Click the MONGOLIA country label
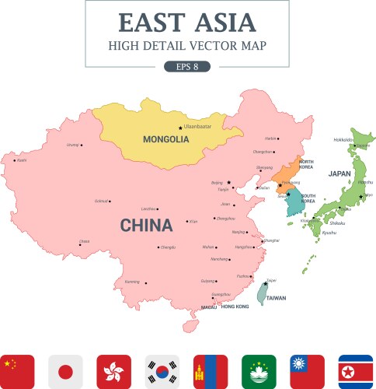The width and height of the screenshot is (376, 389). coord(165,140)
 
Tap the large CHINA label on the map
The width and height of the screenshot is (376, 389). coord(145,226)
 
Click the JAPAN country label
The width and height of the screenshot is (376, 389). coord(339,173)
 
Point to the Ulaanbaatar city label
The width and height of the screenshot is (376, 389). coord(197,126)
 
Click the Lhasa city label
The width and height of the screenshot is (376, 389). coord(84,241)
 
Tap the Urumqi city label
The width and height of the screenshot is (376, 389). coord(73,145)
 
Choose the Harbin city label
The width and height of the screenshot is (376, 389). coord(270,138)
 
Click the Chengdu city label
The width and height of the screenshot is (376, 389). coord(168,247)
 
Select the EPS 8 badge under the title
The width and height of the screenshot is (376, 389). coord(187,66)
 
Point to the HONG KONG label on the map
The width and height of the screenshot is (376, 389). coord(235,307)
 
